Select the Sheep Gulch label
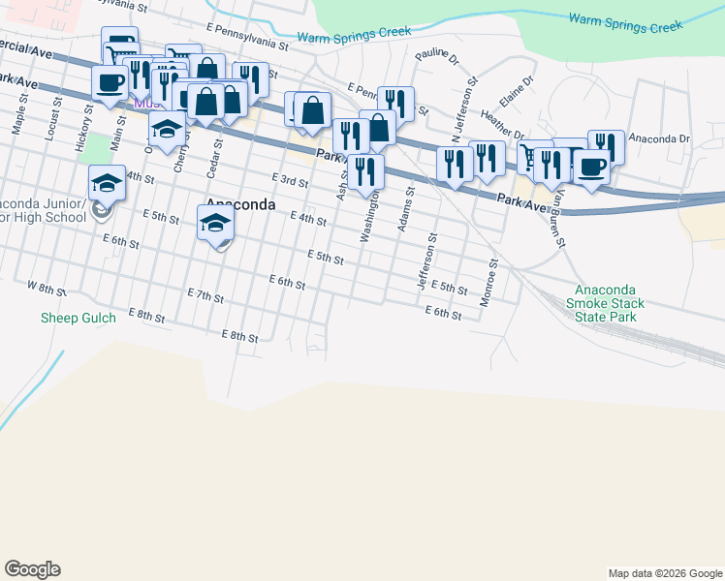coord(79,318)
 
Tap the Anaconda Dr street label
coord(658,138)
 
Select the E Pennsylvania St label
coord(248,38)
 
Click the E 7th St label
coord(205,293)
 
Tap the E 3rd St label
coord(290,180)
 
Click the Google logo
coord(32,569)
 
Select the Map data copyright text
coord(664,573)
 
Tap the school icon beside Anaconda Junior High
coord(107,182)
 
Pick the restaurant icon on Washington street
coord(365,171)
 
